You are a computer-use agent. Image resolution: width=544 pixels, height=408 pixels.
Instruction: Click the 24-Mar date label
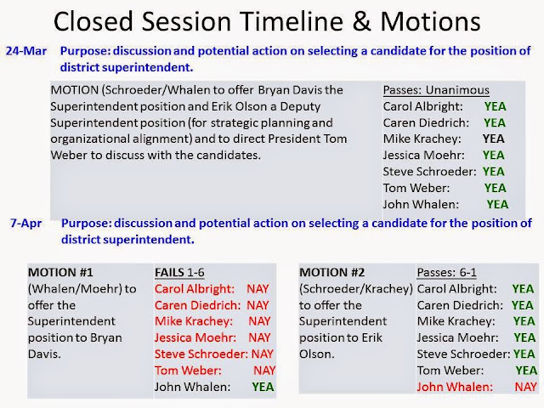click(26, 51)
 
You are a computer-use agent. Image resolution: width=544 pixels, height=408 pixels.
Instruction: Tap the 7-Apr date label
click(26, 223)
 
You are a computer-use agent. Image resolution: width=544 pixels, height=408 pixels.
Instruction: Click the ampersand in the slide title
click(361, 21)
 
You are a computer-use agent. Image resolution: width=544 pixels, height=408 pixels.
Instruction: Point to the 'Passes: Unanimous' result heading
click(436, 90)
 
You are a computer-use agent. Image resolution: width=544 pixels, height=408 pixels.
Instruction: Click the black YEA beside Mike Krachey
click(493, 139)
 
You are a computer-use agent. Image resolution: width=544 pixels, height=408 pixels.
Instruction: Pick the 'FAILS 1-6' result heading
click(179, 273)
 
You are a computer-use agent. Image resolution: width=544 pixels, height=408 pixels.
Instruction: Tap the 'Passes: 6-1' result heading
click(446, 273)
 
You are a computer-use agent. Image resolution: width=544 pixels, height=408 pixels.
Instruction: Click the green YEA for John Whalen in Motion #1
click(263, 387)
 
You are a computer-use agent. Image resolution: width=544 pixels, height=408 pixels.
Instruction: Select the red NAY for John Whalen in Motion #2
click(525, 387)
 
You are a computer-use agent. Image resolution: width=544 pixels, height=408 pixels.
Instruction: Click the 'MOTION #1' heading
click(60, 273)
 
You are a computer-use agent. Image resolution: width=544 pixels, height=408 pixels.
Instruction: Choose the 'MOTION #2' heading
click(332, 273)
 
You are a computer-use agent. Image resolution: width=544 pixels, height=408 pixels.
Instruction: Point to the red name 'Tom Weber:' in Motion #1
click(188, 371)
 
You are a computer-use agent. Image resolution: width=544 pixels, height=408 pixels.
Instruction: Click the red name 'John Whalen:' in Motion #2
click(455, 387)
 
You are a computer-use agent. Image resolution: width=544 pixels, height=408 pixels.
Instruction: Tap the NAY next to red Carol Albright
click(258, 289)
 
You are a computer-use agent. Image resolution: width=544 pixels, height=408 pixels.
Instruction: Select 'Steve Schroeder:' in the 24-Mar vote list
click(429, 172)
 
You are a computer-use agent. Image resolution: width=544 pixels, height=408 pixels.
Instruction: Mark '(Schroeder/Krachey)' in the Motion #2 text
click(356, 289)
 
